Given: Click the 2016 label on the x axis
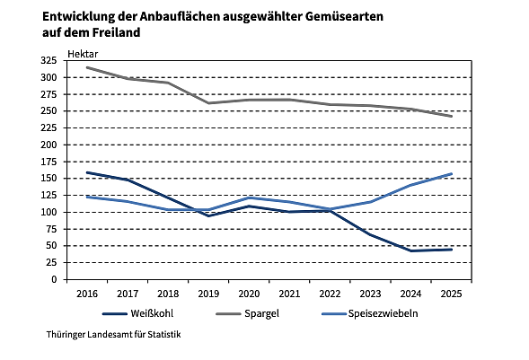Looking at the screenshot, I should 86,293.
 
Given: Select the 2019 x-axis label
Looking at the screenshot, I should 209,293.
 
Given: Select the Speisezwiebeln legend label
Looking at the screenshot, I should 384,314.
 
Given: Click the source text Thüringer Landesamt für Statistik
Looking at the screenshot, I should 113,335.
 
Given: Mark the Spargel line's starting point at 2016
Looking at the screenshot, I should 86,67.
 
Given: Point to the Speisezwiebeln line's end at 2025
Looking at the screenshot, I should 452,174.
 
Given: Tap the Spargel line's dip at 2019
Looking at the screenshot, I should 209,103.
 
